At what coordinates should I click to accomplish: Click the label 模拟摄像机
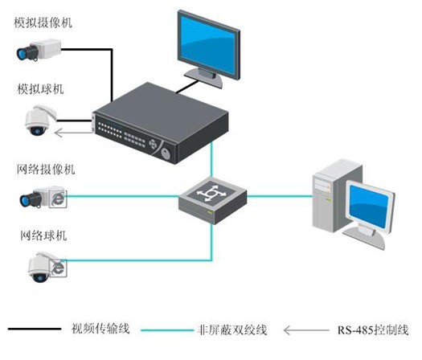click(43, 22)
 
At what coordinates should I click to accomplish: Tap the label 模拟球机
click(40, 89)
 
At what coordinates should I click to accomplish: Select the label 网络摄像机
click(46, 170)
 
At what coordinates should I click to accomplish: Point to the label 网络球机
click(43, 235)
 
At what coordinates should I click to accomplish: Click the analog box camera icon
click(39, 50)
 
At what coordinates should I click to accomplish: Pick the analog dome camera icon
click(40, 121)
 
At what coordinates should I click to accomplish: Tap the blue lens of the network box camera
click(25, 200)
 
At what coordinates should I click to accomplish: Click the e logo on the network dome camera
click(59, 268)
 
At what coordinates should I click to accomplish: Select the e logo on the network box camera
click(59, 199)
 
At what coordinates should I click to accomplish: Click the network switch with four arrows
click(213, 200)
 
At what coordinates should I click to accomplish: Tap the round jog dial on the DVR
click(166, 154)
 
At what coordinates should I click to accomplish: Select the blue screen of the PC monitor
click(369, 206)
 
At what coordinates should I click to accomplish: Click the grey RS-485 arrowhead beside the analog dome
click(58, 133)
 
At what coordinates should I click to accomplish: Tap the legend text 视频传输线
click(100, 329)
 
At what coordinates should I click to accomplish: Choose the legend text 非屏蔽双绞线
click(232, 329)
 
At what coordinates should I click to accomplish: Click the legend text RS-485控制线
click(373, 330)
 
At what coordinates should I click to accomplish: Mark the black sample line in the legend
click(35, 329)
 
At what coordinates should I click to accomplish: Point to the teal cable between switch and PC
click(280, 196)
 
